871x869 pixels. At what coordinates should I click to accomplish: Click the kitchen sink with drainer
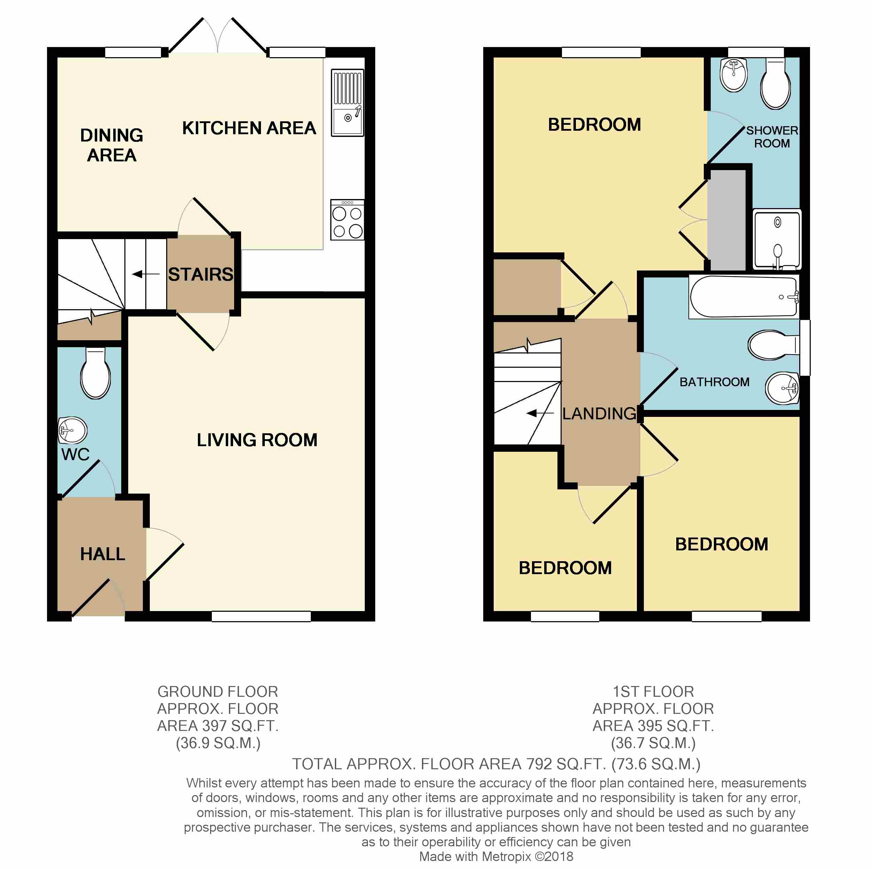(x=348, y=102)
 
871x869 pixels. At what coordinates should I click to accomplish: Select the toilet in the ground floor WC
(x=95, y=373)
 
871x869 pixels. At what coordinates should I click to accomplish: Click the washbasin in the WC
(x=72, y=430)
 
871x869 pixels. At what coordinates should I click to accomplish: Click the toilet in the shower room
(x=776, y=83)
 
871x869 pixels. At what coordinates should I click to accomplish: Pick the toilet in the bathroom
(x=773, y=345)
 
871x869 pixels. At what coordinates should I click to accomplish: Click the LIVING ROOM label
(x=257, y=440)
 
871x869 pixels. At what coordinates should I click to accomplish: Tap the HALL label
(x=102, y=554)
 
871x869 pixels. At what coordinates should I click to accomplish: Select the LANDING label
(x=599, y=413)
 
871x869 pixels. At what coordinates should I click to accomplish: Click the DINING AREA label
(x=111, y=145)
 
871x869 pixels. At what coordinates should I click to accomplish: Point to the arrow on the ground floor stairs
(x=146, y=274)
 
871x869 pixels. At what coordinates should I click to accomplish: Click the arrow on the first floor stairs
(x=540, y=413)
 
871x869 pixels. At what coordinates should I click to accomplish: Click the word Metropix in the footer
(x=506, y=856)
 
